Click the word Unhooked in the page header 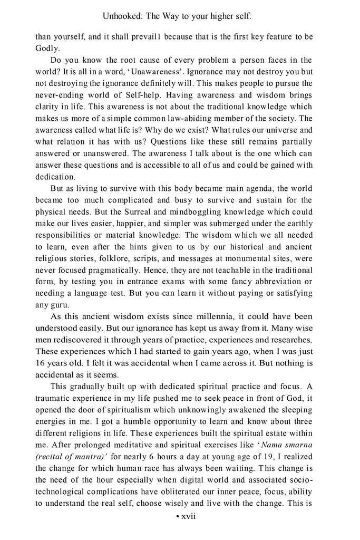click(122, 16)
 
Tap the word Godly click(47, 48)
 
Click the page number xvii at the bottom click(188, 516)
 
